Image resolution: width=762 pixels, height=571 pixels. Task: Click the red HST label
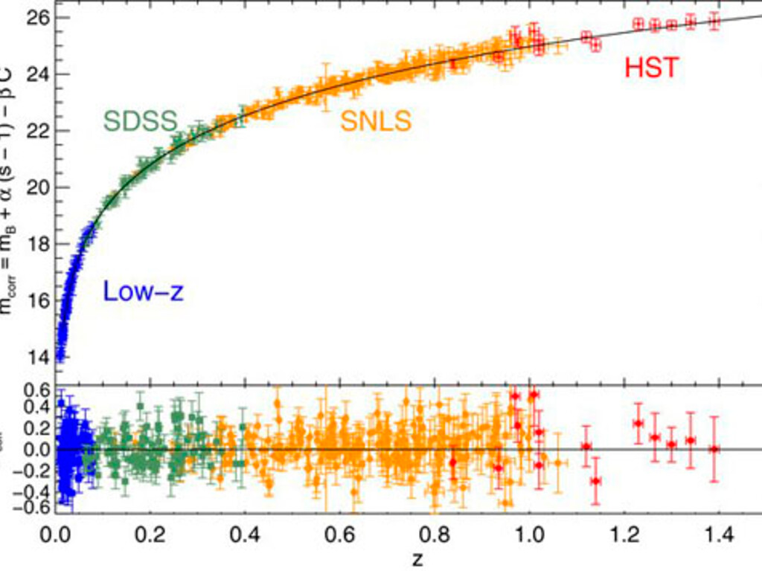tap(651, 68)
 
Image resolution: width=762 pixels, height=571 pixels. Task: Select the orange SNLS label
tap(376, 120)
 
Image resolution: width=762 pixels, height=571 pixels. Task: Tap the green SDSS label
tap(141, 120)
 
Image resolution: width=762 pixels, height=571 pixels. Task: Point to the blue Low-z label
tap(142, 292)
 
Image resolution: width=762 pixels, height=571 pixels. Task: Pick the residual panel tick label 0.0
tap(35, 450)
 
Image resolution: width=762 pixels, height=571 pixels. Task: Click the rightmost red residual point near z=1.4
tap(714, 449)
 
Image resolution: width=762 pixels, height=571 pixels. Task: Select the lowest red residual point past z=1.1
tap(595, 480)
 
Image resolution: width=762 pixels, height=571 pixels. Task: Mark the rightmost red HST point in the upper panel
tap(714, 22)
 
